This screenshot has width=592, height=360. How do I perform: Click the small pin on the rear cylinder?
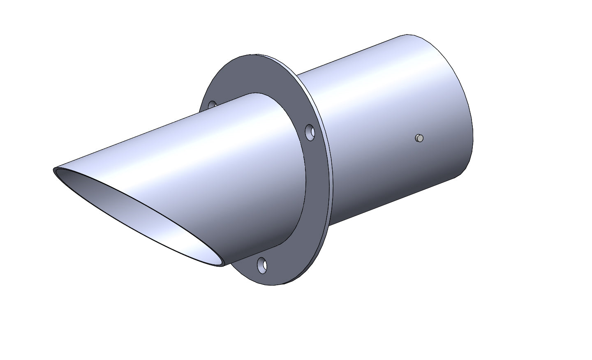(x=419, y=138)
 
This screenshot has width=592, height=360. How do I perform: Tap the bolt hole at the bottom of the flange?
(x=262, y=265)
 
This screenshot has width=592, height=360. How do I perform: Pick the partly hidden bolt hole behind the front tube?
(x=212, y=105)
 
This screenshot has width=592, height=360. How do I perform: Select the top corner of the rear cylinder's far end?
(x=407, y=35)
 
